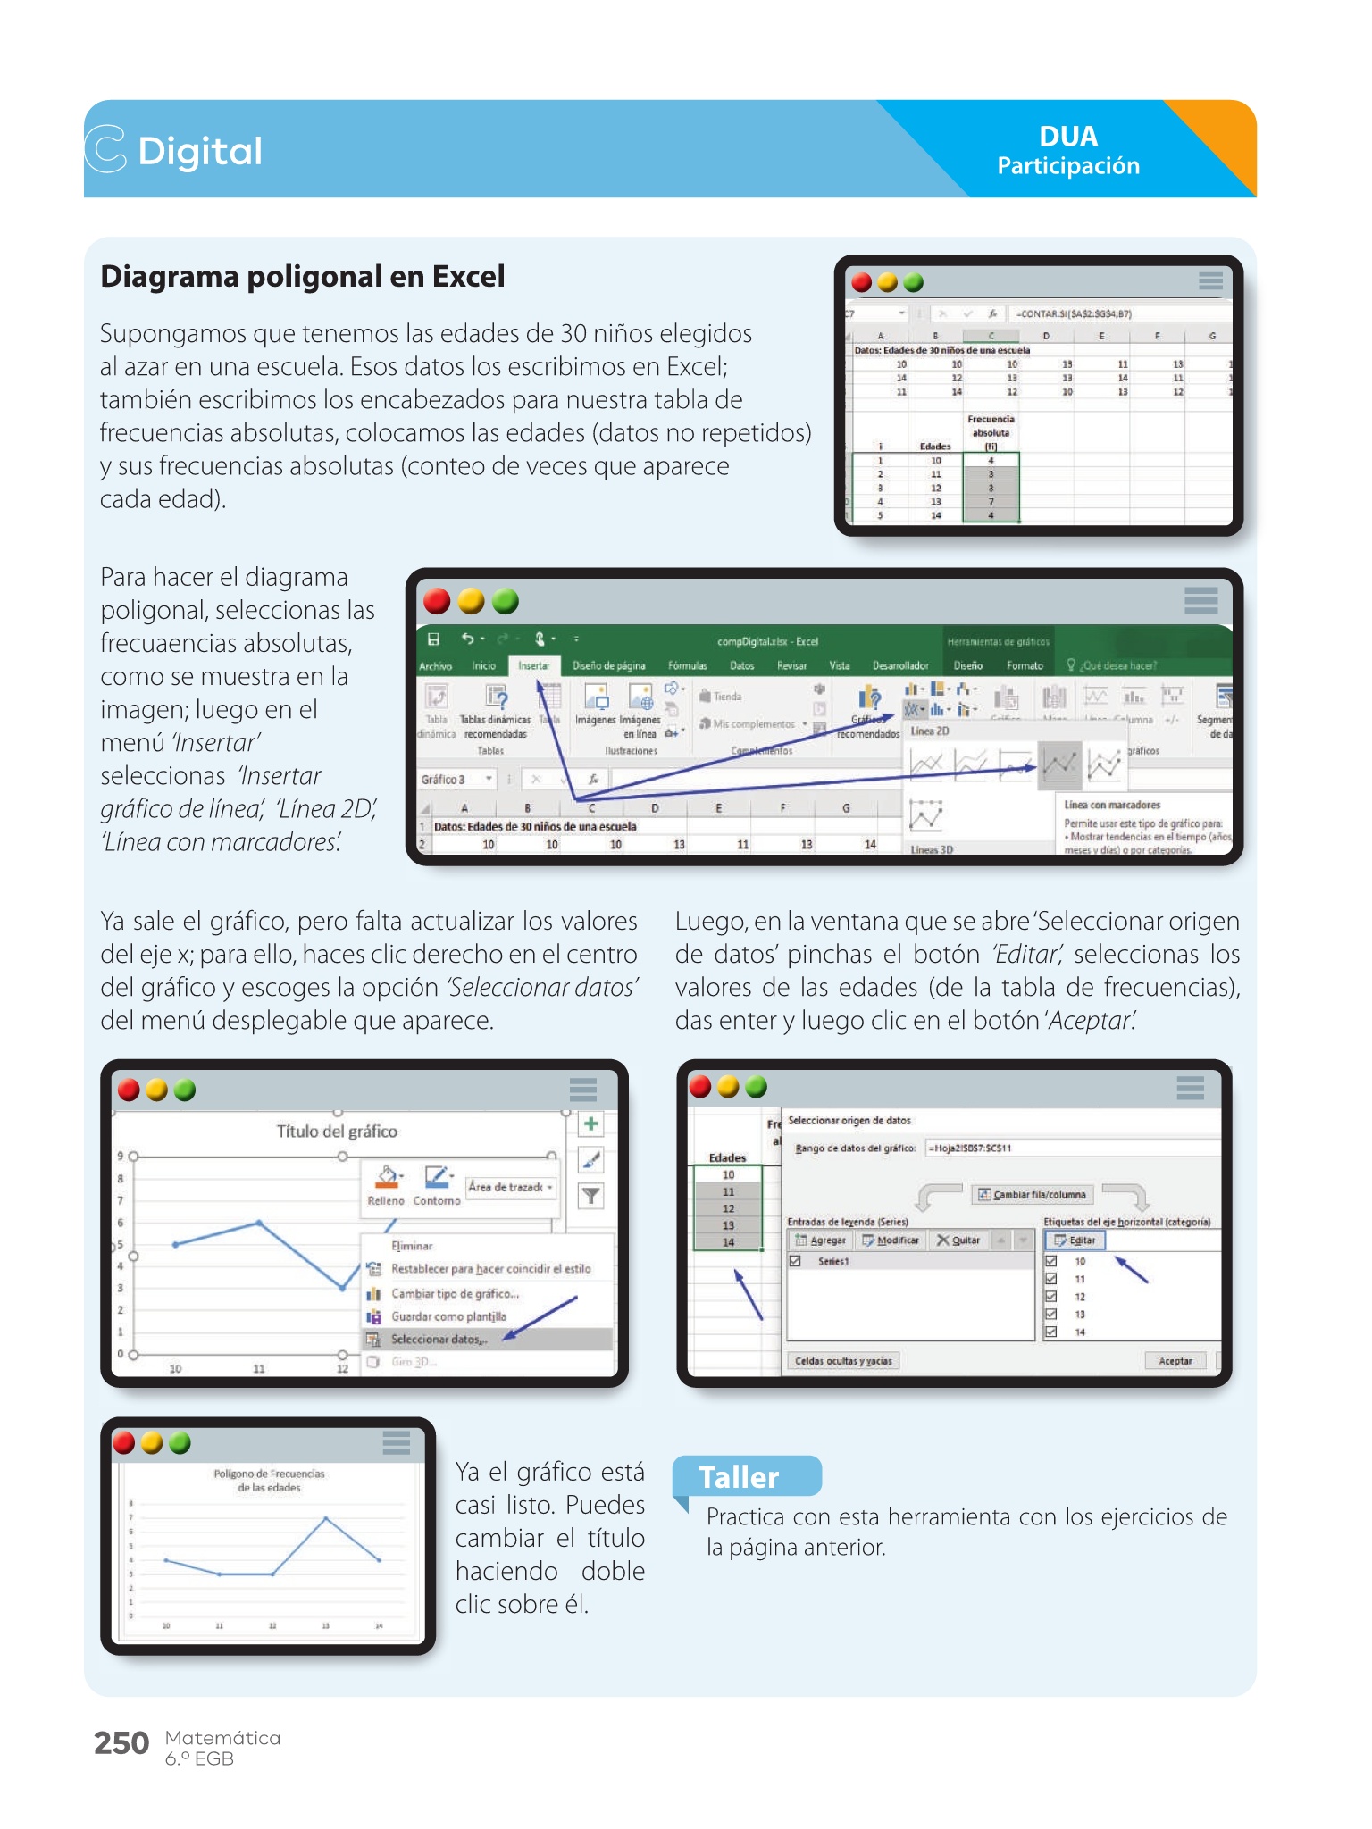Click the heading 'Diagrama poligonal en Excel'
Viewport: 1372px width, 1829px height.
303,277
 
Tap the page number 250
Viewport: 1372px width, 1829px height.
121,1743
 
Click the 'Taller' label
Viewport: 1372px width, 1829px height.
739,1477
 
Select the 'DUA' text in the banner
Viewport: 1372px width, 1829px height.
1068,137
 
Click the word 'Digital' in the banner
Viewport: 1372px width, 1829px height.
200,151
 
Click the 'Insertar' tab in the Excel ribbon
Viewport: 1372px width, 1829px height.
534,665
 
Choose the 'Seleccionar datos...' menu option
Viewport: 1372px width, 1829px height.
438,1340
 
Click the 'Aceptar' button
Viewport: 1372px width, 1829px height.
1175,1361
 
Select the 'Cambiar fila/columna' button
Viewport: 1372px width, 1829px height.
1033,1195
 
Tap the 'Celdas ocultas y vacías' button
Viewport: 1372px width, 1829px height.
843,1361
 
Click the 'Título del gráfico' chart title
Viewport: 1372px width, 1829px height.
337,1132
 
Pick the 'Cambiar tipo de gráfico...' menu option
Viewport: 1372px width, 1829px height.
455,1294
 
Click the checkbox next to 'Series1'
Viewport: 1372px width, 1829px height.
795,1261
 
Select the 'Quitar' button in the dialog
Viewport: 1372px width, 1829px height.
958,1240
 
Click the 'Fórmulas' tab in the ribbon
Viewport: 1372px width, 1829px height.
687,665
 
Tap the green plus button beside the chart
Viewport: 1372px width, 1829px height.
591,1124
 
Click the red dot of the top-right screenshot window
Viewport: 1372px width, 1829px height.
862,283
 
